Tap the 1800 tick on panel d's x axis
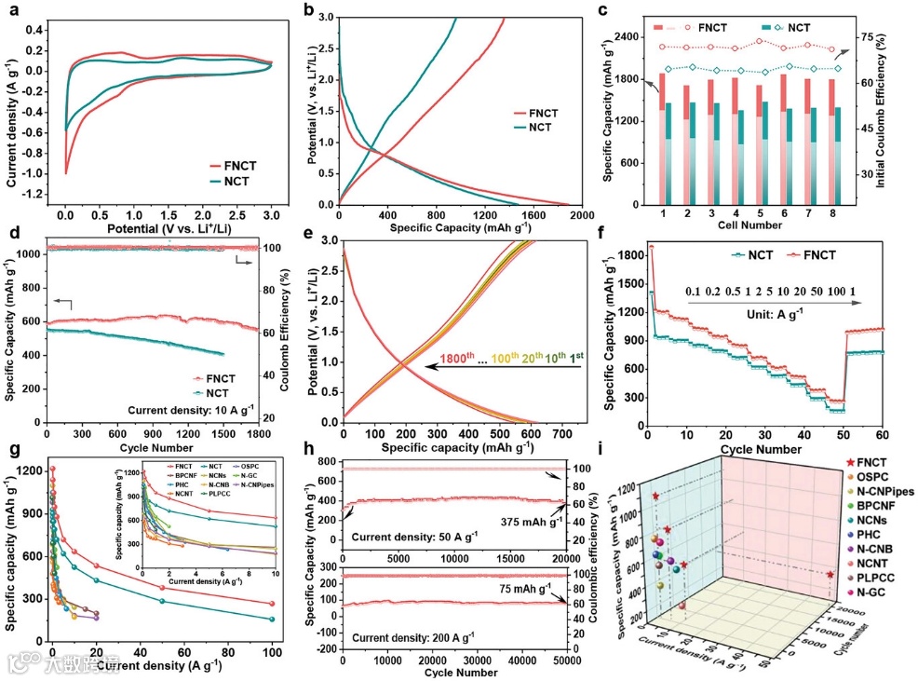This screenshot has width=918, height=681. pyautogui.click(x=258, y=433)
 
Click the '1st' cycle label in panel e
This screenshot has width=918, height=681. pyautogui.click(x=573, y=360)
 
